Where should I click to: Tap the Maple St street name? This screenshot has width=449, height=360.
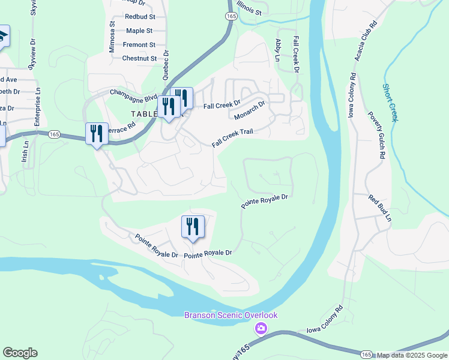tap(139, 31)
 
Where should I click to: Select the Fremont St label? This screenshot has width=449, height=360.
tap(139, 44)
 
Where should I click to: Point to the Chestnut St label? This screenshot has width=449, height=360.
tap(139, 58)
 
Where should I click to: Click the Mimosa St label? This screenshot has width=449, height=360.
tap(112, 37)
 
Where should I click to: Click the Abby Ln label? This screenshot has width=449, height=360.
tap(278, 50)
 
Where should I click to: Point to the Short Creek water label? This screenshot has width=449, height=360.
tap(390, 102)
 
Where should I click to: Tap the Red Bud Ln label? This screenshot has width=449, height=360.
tap(380, 208)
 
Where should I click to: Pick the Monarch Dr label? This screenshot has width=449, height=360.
tap(249, 110)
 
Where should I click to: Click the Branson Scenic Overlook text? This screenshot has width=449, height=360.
tap(231, 316)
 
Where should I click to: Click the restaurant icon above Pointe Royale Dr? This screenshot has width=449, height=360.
tap(193, 227)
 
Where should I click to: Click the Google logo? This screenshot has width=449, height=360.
tap(20, 353)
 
